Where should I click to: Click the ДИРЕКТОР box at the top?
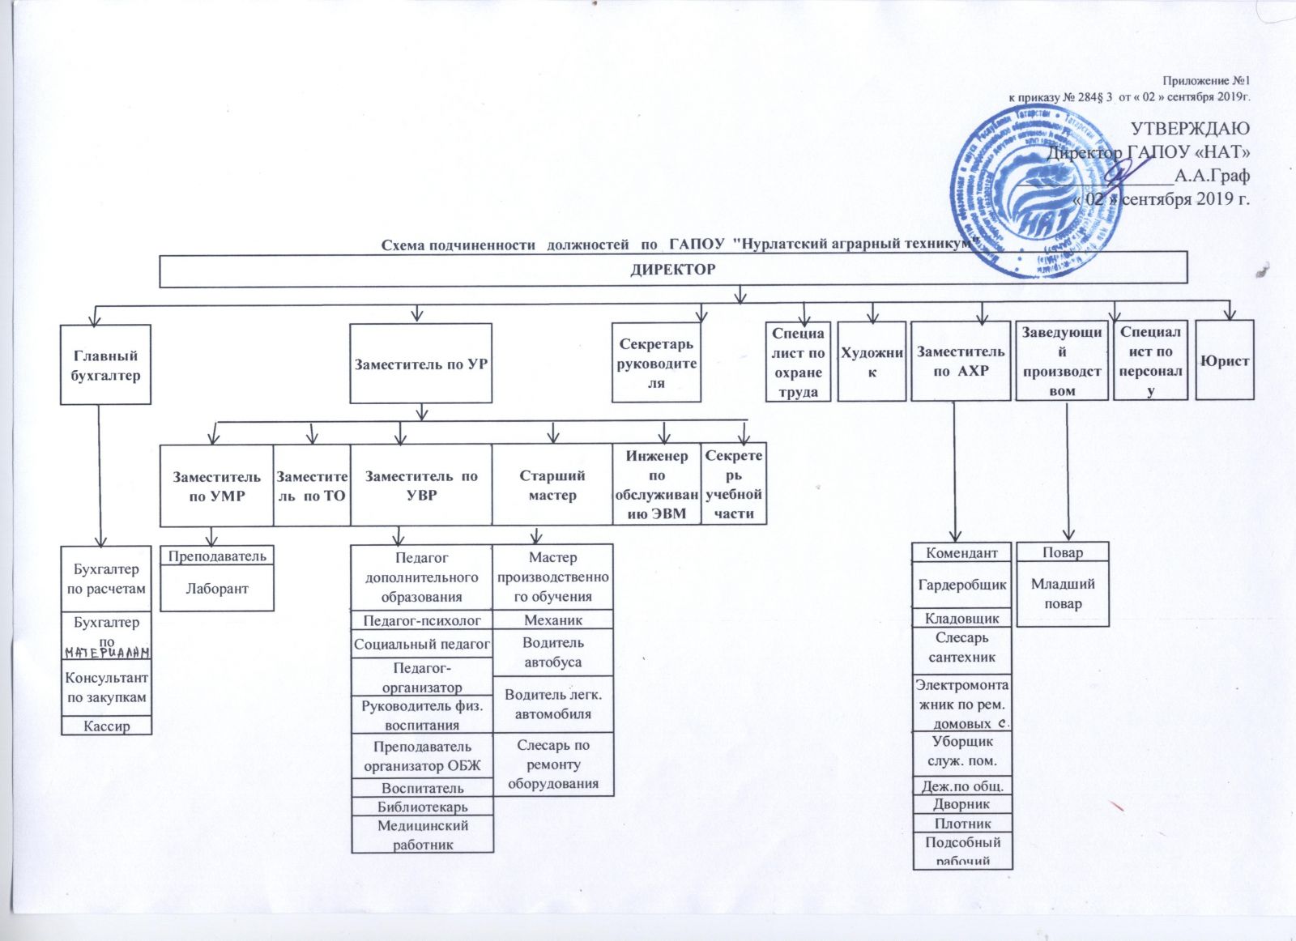tap(672, 270)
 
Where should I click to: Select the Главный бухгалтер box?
tap(105, 365)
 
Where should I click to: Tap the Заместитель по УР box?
tap(420, 364)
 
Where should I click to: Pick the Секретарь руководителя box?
tap(656, 363)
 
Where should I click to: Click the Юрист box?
tap(1224, 361)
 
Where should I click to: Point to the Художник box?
tap(872, 362)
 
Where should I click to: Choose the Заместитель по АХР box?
tap(961, 361)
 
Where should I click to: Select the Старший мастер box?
tap(552, 485)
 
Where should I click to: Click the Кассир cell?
tap(106, 726)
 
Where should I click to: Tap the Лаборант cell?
tap(216, 589)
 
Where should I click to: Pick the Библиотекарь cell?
tap(422, 807)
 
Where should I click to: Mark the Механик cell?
tap(553, 620)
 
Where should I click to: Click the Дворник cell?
tap(962, 804)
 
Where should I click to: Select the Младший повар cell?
tap(1063, 594)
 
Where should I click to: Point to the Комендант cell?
tap(962, 553)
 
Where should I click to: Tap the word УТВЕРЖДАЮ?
tap(1190, 129)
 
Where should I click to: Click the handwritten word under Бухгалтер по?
tap(107, 653)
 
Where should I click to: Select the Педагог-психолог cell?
tap(422, 621)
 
